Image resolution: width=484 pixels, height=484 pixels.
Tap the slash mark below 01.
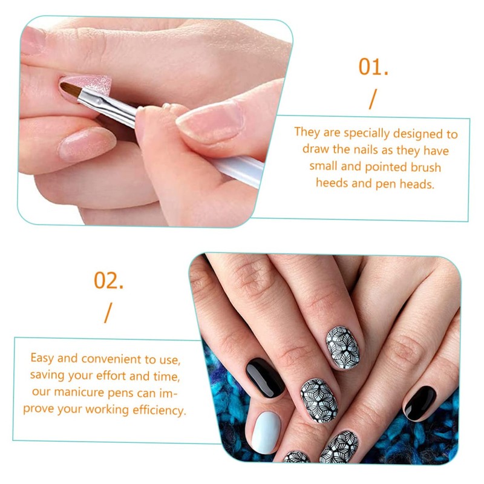point(372,99)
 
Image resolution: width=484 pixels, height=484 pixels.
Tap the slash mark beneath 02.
point(108,312)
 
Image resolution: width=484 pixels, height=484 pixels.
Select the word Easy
point(42,358)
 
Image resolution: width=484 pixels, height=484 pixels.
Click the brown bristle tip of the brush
point(72,90)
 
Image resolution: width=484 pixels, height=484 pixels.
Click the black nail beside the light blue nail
point(264,377)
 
